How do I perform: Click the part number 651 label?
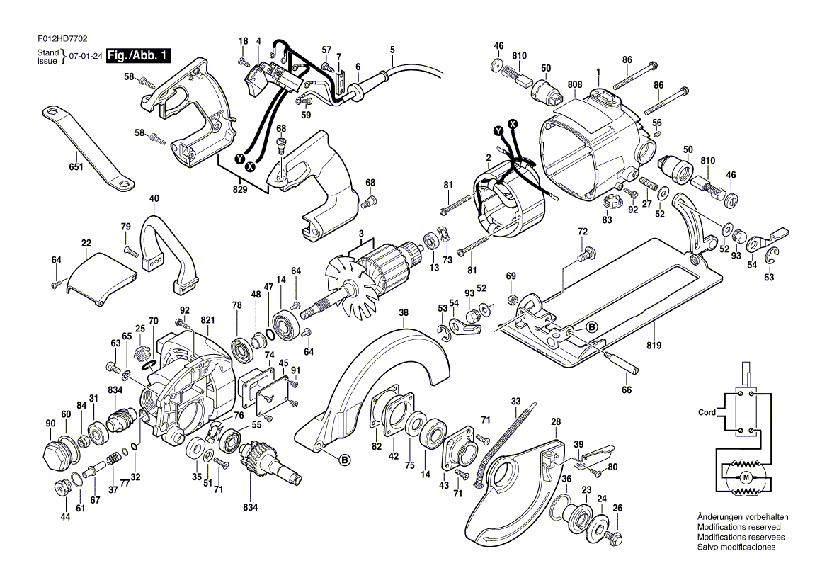[76, 167]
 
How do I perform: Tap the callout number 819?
[654, 346]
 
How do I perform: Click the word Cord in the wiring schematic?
[707, 412]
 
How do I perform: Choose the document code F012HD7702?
[63, 42]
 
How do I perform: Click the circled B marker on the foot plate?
[591, 326]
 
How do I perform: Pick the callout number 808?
[574, 84]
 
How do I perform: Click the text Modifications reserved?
[738, 528]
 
